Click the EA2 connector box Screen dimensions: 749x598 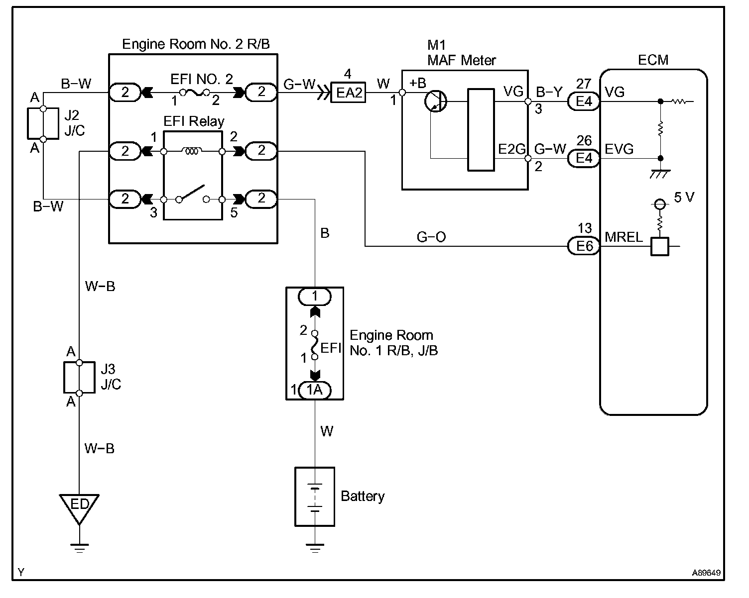click(348, 93)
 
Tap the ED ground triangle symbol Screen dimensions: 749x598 click(79, 507)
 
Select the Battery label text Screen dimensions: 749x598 click(363, 496)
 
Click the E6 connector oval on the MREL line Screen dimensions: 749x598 click(584, 246)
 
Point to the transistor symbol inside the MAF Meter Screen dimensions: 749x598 click(436, 101)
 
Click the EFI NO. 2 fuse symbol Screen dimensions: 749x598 click(194, 93)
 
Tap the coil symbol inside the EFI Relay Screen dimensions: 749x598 click(192, 151)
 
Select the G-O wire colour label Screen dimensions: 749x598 click(431, 237)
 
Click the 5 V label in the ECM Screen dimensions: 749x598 click(684, 197)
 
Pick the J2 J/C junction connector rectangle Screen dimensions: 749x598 click(43, 123)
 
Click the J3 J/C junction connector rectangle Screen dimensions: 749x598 click(79, 378)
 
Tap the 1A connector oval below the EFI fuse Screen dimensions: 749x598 click(315, 390)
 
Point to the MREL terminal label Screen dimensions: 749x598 click(624, 237)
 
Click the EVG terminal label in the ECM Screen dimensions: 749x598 click(619, 149)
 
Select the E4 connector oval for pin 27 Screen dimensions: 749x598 click(584, 101)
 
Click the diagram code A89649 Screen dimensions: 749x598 click(706, 573)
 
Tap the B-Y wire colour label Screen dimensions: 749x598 click(549, 92)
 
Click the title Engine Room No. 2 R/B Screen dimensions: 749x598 click(196, 44)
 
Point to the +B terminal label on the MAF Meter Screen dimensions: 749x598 click(418, 83)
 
